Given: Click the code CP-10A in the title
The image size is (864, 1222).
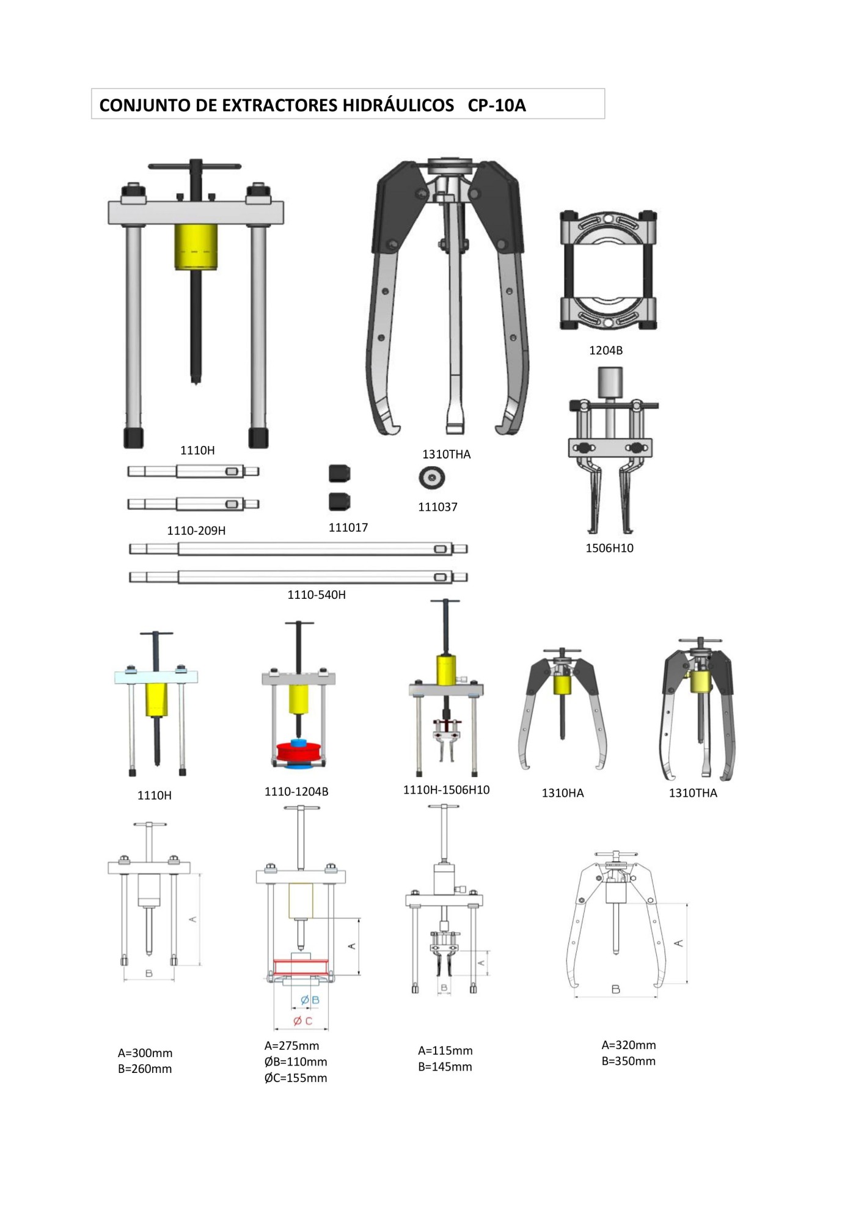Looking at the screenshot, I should point(496,106).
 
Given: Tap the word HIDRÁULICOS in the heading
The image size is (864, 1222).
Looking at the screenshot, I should point(398,106).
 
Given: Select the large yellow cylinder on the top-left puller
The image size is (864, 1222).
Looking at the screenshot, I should point(196,246).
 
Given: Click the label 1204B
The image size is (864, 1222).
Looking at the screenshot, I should point(606,351).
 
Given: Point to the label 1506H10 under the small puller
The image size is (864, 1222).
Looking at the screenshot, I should point(609,548).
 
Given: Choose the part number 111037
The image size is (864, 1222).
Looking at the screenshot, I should point(437,507).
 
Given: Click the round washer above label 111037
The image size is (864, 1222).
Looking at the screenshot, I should point(431,477).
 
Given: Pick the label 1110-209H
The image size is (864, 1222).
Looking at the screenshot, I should point(196,531).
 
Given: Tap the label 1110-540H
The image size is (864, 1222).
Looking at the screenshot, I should point(317,595).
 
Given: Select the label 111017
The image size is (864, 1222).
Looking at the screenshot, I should point(348,528).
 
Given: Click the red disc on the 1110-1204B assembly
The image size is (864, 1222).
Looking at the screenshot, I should point(299,752).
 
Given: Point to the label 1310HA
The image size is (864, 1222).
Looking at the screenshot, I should point(563,794).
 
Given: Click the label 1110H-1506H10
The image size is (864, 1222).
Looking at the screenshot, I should point(446,790).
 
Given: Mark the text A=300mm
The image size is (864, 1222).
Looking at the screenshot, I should point(145,1053).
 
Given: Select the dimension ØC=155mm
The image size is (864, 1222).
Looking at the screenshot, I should point(296,1078).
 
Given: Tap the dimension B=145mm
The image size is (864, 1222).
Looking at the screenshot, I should point(445,1067).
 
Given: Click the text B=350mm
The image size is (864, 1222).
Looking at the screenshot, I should point(628,1061).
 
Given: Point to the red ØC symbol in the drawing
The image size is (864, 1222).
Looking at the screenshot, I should point(303,1021).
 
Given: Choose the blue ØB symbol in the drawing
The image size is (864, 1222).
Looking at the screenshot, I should point(310,1000).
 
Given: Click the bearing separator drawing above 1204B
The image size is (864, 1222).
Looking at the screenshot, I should point(608,271).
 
